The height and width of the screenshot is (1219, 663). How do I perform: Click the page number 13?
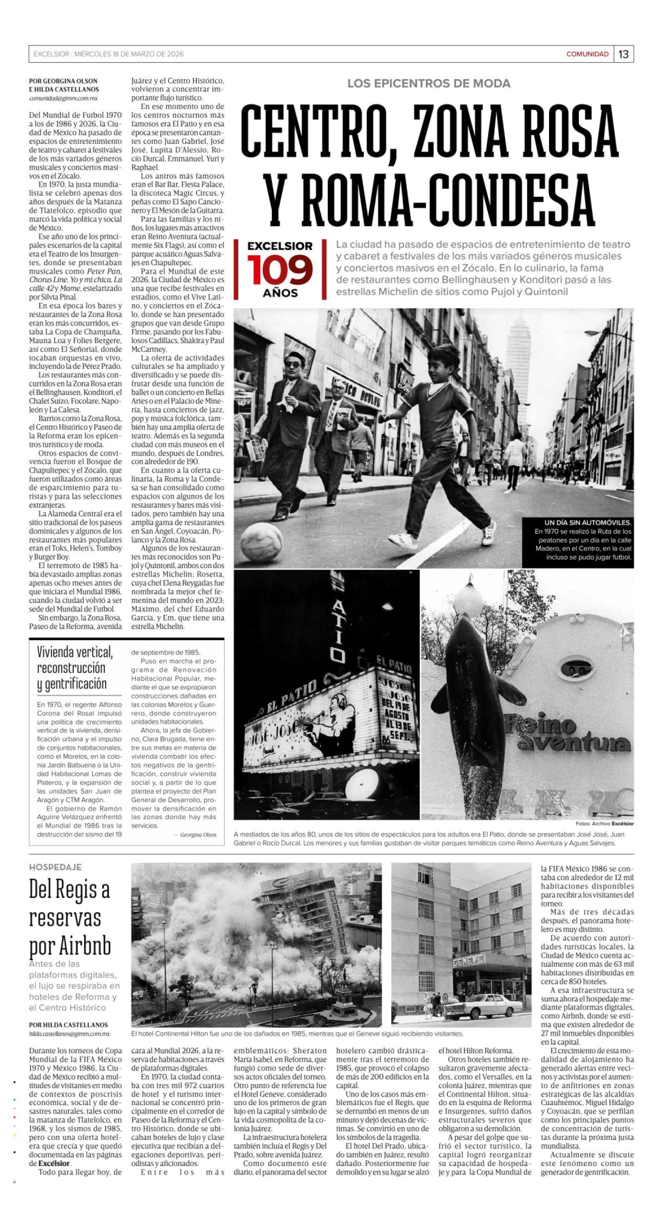point(623,54)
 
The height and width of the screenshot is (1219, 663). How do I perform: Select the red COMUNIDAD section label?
point(587,54)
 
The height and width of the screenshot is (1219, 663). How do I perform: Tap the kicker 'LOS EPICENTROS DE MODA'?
point(429,84)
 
